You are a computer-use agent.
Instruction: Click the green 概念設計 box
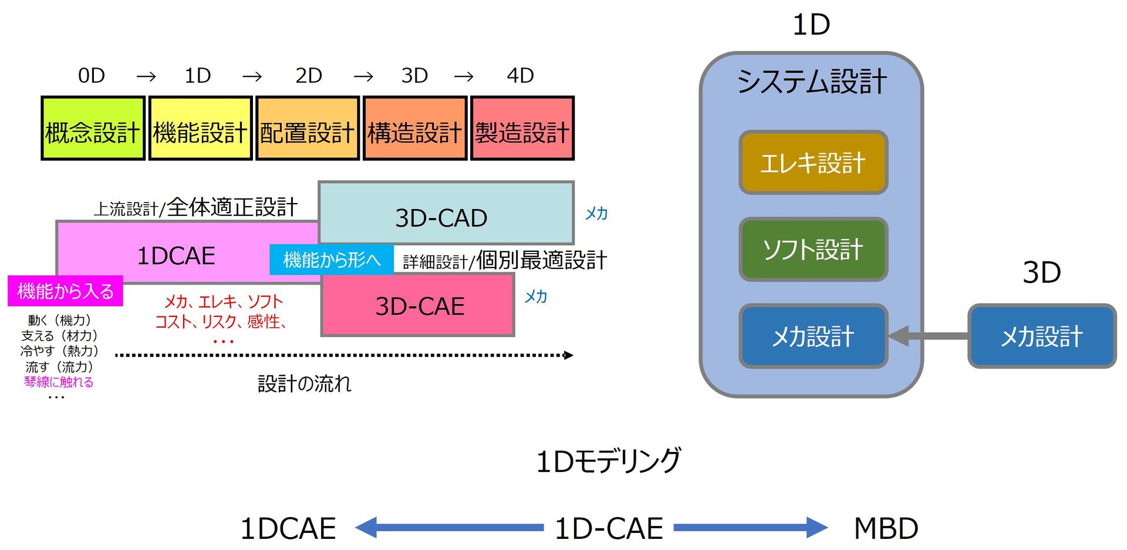93,129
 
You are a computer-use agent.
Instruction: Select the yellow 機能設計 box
200,129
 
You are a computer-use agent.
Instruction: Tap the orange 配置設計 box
308,129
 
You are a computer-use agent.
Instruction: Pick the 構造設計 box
415,129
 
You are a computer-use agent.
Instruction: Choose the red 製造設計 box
522,129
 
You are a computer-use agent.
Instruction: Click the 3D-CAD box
446,212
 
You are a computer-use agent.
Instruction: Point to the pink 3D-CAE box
418,305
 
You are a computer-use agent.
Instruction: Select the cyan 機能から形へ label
332,259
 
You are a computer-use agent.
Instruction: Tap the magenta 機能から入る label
65,291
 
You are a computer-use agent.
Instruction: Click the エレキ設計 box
813,163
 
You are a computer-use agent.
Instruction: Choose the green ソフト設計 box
813,249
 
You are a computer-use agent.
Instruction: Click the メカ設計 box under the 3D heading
1041,336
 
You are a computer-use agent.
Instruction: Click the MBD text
885,528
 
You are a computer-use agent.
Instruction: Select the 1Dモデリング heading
609,461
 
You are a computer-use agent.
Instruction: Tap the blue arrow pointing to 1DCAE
449,527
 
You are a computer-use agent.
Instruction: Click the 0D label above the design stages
92,76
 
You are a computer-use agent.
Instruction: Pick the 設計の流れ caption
304,384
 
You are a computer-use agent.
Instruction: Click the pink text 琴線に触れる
58,382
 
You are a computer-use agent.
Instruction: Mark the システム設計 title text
812,81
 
